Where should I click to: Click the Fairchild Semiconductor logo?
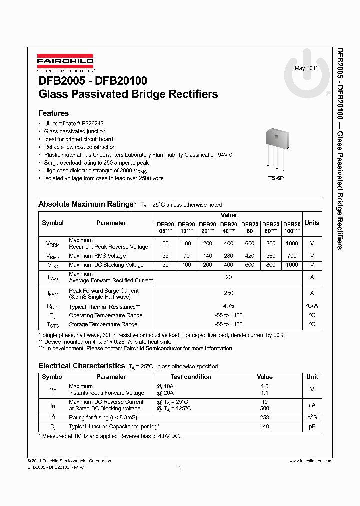tap(66, 62)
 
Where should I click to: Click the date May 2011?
tap(306, 68)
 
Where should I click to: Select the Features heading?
tap(53, 113)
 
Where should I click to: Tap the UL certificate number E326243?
tap(90, 123)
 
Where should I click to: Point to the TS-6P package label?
tap(275, 178)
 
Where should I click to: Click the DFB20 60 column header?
tap(250, 228)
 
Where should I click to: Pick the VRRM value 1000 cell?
tap(292, 243)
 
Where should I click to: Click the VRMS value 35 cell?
tap(165, 256)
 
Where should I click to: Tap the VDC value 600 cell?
tap(250, 265)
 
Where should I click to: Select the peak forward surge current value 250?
tap(228, 293)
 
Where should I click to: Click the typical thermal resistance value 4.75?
tap(228, 306)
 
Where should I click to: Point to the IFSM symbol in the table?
tap(53, 293)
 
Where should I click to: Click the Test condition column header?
tap(191, 377)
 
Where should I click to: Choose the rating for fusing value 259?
tap(265, 417)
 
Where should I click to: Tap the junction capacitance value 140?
tap(265, 426)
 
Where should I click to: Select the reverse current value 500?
tap(265, 408)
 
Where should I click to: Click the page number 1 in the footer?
tap(179, 467)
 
